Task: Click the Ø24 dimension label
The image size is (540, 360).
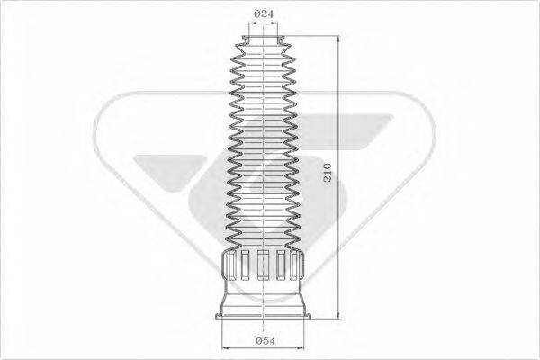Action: [264, 13]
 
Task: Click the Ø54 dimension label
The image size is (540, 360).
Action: [265, 339]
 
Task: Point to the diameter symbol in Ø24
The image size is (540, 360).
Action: [257, 13]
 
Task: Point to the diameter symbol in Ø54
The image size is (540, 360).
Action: [257, 339]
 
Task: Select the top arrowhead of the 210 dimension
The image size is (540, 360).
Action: [337, 40]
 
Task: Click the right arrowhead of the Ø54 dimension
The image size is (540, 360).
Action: [306, 346]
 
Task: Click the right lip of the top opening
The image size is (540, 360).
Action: [283, 38]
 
